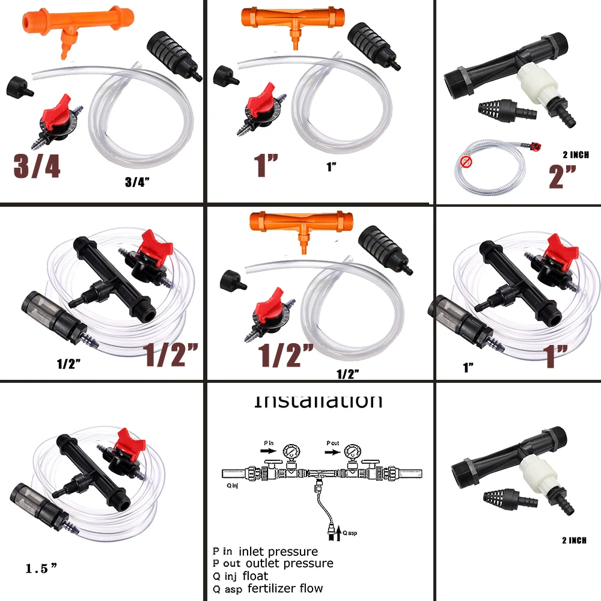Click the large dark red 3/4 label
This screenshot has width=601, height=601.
click(x=37, y=165)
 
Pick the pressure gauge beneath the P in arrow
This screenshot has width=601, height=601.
click(x=293, y=452)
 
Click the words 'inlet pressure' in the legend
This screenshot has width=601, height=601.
click(x=278, y=551)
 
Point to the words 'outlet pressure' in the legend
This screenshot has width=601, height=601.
click(x=289, y=563)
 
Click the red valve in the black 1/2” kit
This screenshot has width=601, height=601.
click(x=153, y=246)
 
